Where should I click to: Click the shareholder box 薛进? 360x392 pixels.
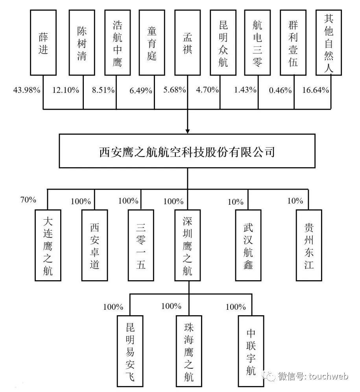[x=43, y=42]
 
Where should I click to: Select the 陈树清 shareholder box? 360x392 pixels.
[x=81, y=42]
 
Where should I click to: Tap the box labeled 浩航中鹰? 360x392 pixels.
[x=117, y=42]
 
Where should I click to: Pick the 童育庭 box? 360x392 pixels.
[x=152, y=42]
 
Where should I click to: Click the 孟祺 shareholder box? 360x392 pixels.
[x=187, y=42]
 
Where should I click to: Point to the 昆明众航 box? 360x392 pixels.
[x=223, y=42]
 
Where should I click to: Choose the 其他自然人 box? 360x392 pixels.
[x=329, y=42]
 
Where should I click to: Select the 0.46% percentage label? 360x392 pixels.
[x=280, y=90]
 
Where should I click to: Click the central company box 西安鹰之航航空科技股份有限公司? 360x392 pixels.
[x=187, y=152]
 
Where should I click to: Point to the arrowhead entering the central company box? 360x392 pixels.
[x=188, y=130]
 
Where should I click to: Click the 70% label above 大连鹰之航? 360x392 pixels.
[x=28, y=200]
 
